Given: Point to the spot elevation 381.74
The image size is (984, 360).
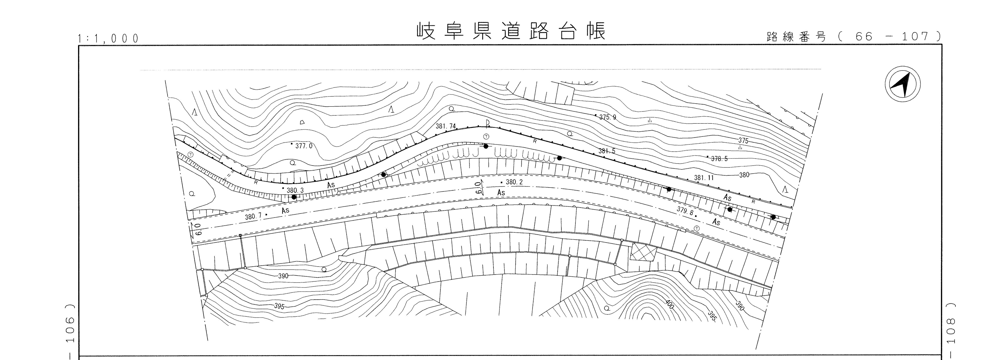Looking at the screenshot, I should point(446,126).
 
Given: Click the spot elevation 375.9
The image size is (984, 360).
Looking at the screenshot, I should point(607,117).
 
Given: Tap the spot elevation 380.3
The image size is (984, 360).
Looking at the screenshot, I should point(295,190).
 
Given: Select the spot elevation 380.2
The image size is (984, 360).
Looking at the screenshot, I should point(514,182).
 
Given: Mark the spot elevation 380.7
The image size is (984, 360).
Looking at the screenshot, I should point(253,217).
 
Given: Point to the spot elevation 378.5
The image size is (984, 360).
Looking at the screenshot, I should point(719,159).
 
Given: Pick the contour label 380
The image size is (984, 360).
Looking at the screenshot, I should point(744,175).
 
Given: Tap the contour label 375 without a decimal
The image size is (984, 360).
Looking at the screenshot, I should point(743,141).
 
